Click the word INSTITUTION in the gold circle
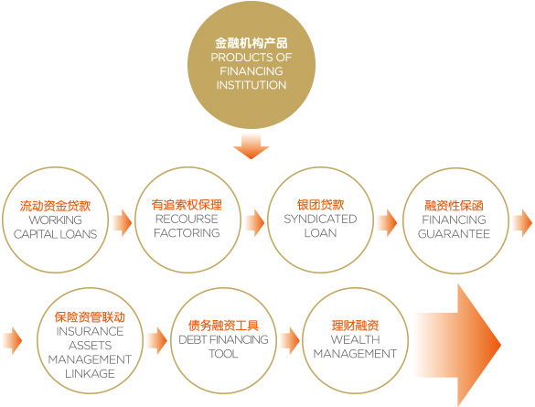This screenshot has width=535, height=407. (251, 85)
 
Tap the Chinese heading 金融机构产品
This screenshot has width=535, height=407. (251, 43)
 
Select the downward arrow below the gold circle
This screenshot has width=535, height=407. (251, 146)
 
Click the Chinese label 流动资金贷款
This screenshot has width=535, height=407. (55, 206)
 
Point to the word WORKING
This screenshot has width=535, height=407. (55, 220)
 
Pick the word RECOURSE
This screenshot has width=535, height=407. (187, 219)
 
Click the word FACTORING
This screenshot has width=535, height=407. (187, 232)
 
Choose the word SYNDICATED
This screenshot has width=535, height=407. (320, 219)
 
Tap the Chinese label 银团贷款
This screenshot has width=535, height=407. (320, 205)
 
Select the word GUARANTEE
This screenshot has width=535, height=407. (454, 234)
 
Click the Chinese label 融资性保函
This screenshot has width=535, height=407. (454, 206)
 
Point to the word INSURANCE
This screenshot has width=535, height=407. (90, 331)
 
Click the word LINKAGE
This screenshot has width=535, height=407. (90, 373)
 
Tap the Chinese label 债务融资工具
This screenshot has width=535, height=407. (223, 326)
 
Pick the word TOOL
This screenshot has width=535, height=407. (223, 353)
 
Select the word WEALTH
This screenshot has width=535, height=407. (355, 339)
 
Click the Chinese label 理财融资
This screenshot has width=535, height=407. (355, 326)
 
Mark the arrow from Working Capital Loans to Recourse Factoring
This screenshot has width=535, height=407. (122, 223)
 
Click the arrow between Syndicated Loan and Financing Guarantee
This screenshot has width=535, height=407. (387, 223)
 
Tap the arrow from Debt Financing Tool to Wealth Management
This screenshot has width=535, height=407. (290, 340)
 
